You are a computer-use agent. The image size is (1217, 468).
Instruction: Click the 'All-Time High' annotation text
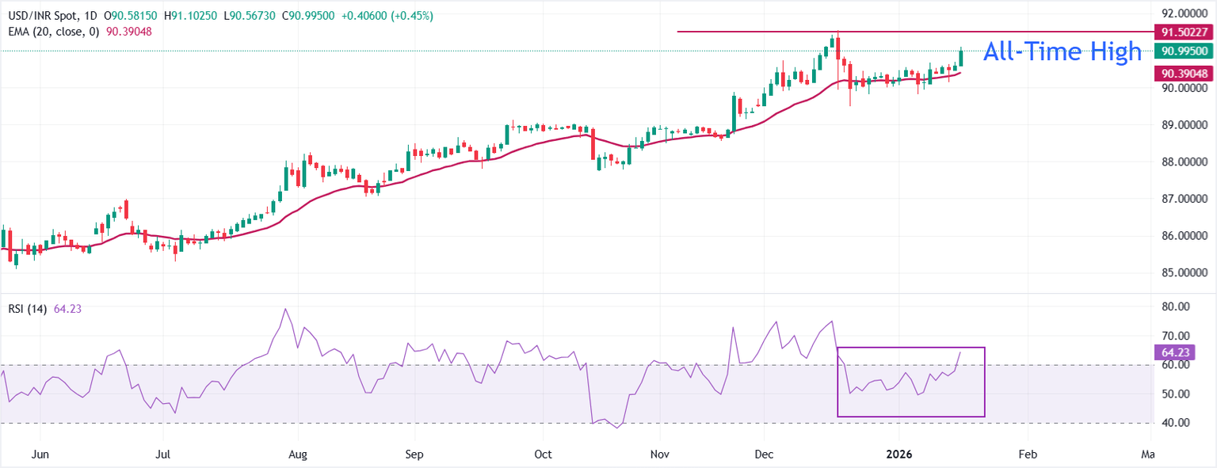pyautogui.click(x=1062, y=51)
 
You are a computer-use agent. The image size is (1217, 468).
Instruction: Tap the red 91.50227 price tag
pyautogui.click(x=1184, y=32)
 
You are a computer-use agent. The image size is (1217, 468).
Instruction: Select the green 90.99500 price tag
pyautogui.click(x=1184, y=51)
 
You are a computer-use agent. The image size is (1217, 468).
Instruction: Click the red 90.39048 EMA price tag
pyautogui.click(x=1184, y=73)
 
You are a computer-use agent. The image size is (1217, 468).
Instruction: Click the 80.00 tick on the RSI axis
pyautogui.click(x=1173, y=307)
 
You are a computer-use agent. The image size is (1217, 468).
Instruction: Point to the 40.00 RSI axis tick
pyautogui.click(x=1173, y=423)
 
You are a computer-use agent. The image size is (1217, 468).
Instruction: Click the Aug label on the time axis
pyautogui.click(x=297, y=455)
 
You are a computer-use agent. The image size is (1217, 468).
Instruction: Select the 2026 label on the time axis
pyautogui.click(x=899, y=455)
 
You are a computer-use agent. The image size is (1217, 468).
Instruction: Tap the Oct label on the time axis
pyautogui.click(x=543, y=455)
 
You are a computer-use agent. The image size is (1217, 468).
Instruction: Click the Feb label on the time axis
pyautogui.click(x=1027, y=455)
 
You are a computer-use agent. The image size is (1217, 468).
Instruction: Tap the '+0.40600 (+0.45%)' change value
pyautogui.click(x=387, y=16)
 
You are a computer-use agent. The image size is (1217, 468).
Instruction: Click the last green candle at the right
pyautogui.click(x=960, y=59)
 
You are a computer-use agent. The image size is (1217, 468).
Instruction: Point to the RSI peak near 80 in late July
pyautogui.click(x=284, y=309)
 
